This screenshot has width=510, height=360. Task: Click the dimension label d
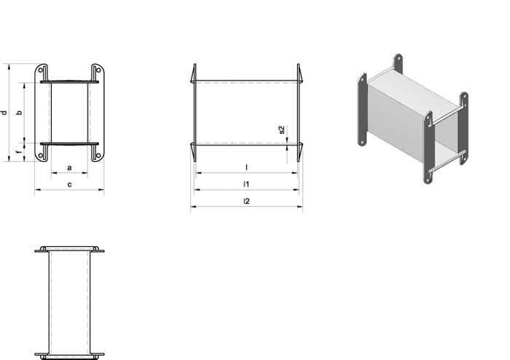(4, 113)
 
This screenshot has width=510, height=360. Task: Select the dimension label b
(20, 112)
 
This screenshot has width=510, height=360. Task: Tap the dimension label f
(20, 152)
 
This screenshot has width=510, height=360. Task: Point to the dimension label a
(69, 168)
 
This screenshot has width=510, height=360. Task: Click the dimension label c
(70, 184)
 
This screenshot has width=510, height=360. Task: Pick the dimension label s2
(282, 130)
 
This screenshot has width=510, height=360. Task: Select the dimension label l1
(246, 184)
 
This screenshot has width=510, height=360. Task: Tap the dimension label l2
(246, 201)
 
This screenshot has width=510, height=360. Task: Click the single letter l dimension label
(246, 168)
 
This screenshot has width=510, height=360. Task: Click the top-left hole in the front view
(41, 70)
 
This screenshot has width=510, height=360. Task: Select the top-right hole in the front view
(98, 70)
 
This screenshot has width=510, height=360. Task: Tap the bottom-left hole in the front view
(41, 156)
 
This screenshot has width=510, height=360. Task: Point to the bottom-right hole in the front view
(98, 156)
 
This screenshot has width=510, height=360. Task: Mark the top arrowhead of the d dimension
(9, 66)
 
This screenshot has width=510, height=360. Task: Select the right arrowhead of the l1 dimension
(297, 189)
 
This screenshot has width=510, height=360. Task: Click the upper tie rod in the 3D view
(446, 118)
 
